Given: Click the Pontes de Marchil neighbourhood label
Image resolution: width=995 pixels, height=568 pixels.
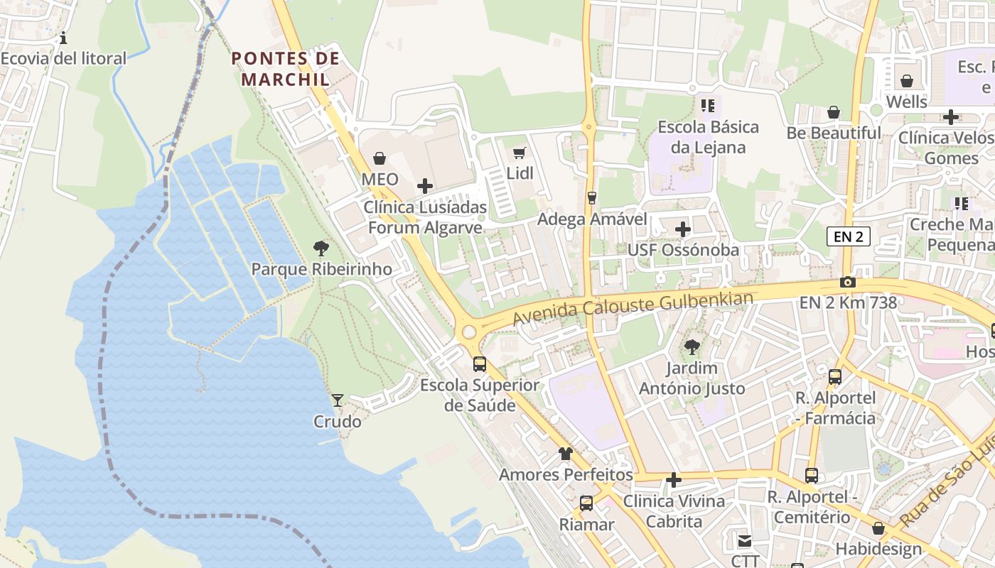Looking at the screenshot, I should (286, 68).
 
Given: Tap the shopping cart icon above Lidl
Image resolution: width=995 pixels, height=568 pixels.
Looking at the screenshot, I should (520, 153).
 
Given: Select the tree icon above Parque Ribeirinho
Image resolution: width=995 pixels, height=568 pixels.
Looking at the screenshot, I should (321, 248).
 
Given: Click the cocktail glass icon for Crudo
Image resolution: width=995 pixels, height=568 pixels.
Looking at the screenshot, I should (338, 400).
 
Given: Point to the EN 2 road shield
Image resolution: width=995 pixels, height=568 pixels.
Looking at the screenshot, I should (848, 236).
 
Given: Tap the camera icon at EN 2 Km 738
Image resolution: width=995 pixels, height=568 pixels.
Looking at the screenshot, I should (847, 282).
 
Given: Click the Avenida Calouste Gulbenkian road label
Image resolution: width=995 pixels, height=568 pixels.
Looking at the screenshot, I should (633, 307).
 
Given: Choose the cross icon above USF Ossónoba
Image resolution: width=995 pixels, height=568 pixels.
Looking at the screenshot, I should (682, 229).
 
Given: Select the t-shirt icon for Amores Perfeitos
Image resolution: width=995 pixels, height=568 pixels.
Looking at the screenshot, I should (566, 453).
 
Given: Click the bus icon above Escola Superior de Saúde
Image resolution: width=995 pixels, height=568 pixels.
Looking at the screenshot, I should (480, 364).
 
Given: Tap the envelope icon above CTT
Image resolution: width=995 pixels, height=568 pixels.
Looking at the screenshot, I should (744, 541).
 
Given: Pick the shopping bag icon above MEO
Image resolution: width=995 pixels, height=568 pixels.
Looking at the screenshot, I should (380, 158).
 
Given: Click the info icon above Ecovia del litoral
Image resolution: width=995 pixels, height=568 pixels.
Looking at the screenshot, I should (63, 38).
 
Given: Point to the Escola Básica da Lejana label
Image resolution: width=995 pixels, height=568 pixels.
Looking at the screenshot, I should (708, 137).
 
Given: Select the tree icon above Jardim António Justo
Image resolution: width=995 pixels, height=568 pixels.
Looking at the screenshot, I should (692, 347).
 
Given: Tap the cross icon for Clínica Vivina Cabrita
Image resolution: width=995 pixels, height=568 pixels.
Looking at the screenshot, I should (673, 481).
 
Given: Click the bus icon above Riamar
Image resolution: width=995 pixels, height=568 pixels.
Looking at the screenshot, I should (586, 503).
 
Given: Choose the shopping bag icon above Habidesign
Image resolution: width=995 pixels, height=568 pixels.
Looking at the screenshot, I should (878, 528).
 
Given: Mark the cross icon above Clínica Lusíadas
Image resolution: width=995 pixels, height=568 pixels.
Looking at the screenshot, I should (425, 186).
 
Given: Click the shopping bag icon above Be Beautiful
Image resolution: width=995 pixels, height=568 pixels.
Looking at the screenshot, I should (834, 112).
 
